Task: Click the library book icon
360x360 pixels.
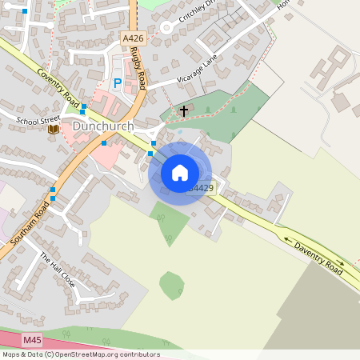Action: [53, 129]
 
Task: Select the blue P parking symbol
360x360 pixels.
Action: [118, 83]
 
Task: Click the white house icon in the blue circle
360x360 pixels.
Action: [180, 173]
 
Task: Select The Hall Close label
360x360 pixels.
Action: [58, 270]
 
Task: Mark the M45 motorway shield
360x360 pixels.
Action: [32, 340]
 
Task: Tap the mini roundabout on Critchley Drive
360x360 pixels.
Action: [167, 26]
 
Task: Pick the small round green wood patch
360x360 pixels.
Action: [170, 285]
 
